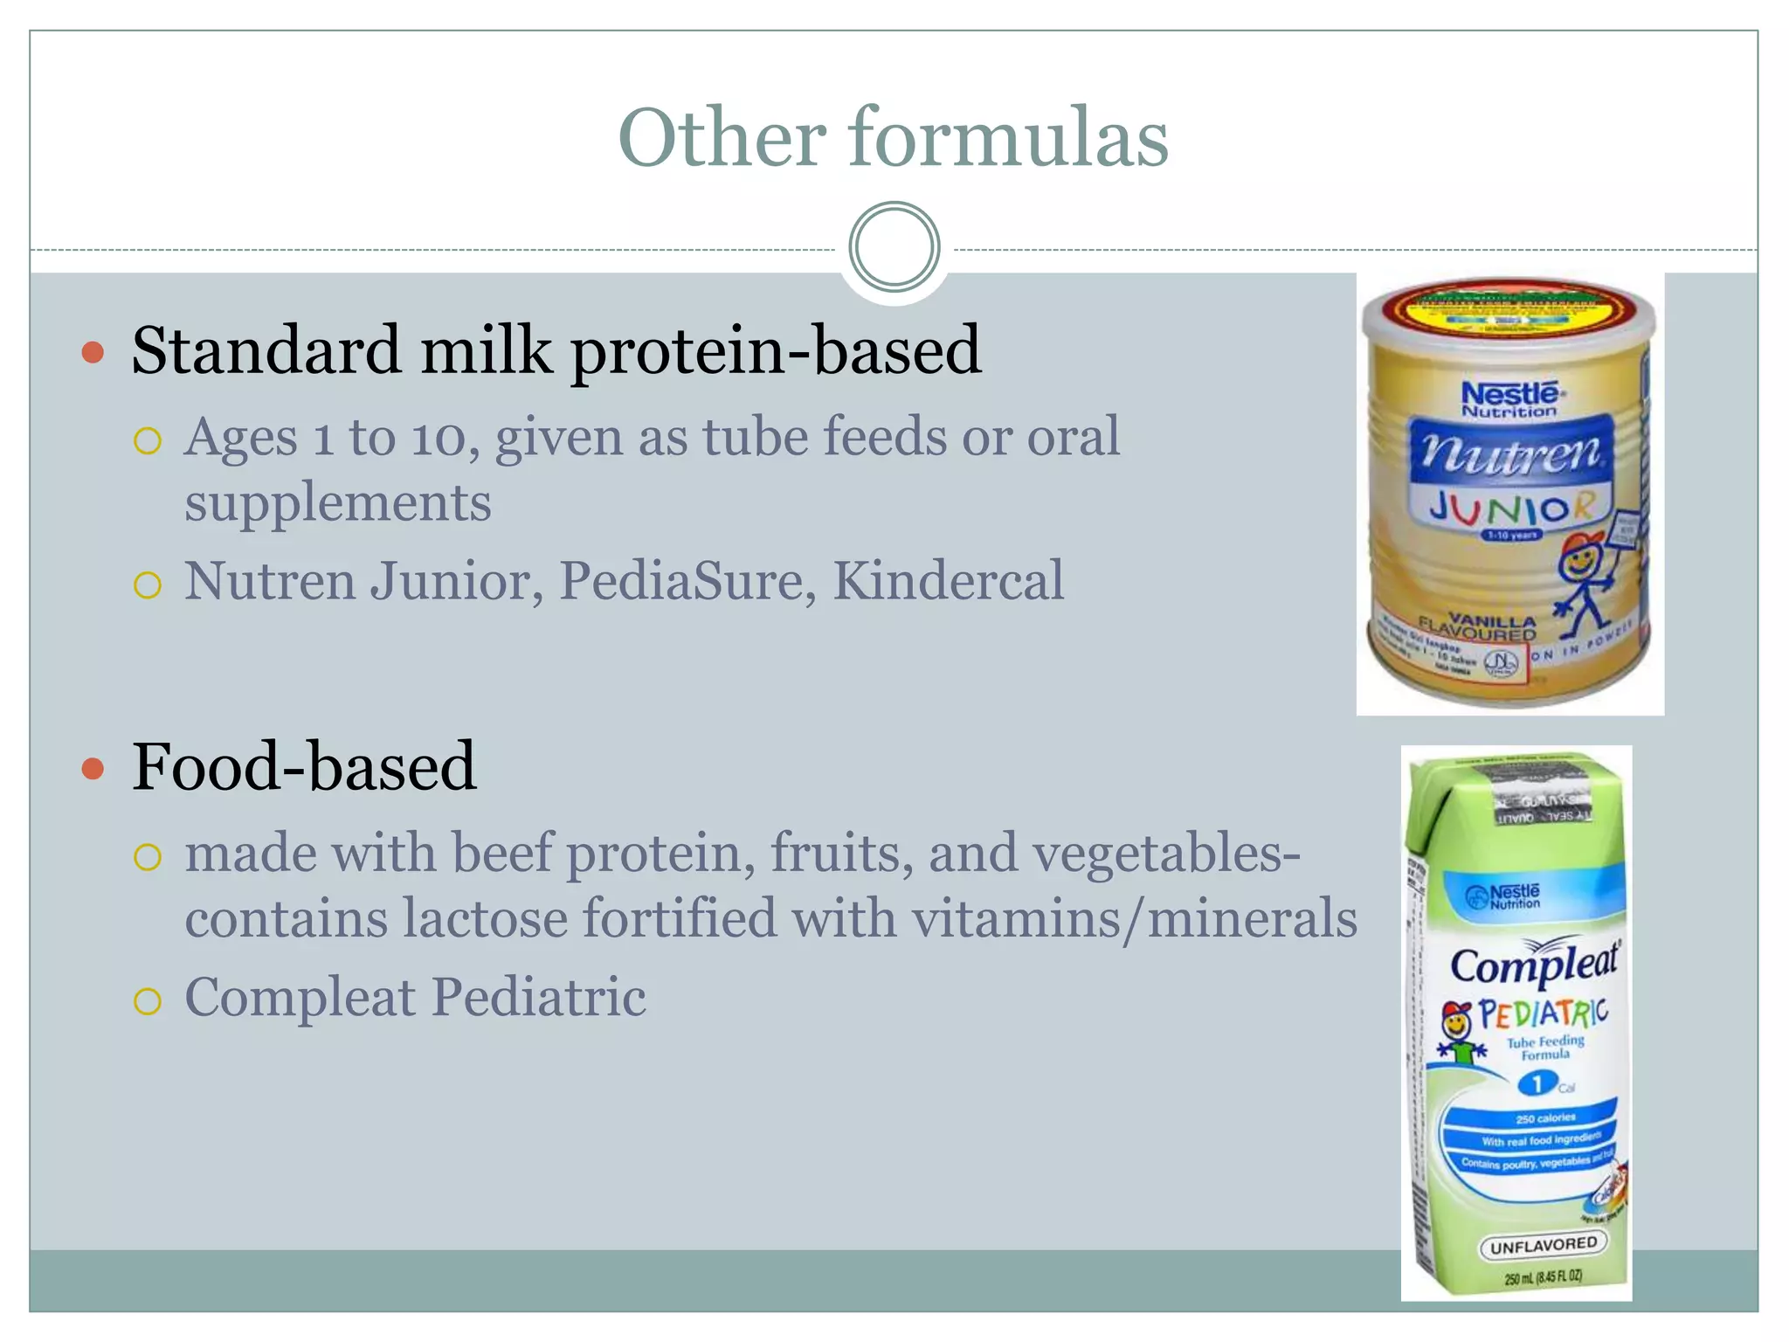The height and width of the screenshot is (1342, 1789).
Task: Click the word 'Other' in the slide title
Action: pyautogui.click(x=722, y=138)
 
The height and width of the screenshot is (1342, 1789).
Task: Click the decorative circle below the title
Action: pyautogui.click(x=894, y=247)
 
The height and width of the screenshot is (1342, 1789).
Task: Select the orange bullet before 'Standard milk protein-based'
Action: pyautogui.click(x=93, y=353)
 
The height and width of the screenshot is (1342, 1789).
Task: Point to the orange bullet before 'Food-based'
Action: pyautogui.click(x=93, y=769)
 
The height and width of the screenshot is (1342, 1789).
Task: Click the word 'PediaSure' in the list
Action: pyautogui.click(x=687, y=581)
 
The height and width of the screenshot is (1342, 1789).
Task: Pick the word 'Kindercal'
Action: pyautogui.click(x=948, y=581)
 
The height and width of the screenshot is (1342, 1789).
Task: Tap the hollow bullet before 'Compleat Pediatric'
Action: pyautogui.click(x=148, y=1000)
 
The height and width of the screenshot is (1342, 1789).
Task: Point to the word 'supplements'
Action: pyautogui.click(x=337, y=504)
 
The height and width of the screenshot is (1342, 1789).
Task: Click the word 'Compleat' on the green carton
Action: pyautogui.click(x=1534, y=965)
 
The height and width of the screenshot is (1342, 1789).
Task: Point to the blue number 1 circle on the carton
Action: pyautogui.click(x=1536, y=1084)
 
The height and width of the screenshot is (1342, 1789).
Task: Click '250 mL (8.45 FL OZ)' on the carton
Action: pyautogui.click(x=1543, y=1277)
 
